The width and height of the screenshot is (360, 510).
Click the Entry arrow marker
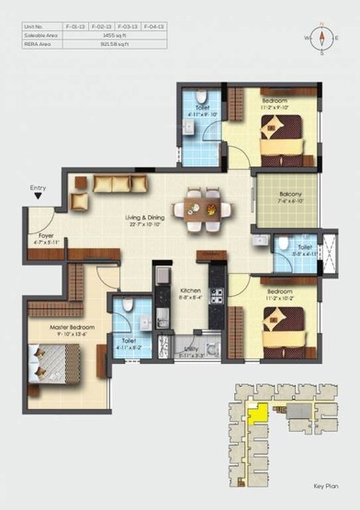(38, 195)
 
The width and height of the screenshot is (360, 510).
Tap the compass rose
(323, 39)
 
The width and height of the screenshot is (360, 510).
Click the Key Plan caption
(324, 494)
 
